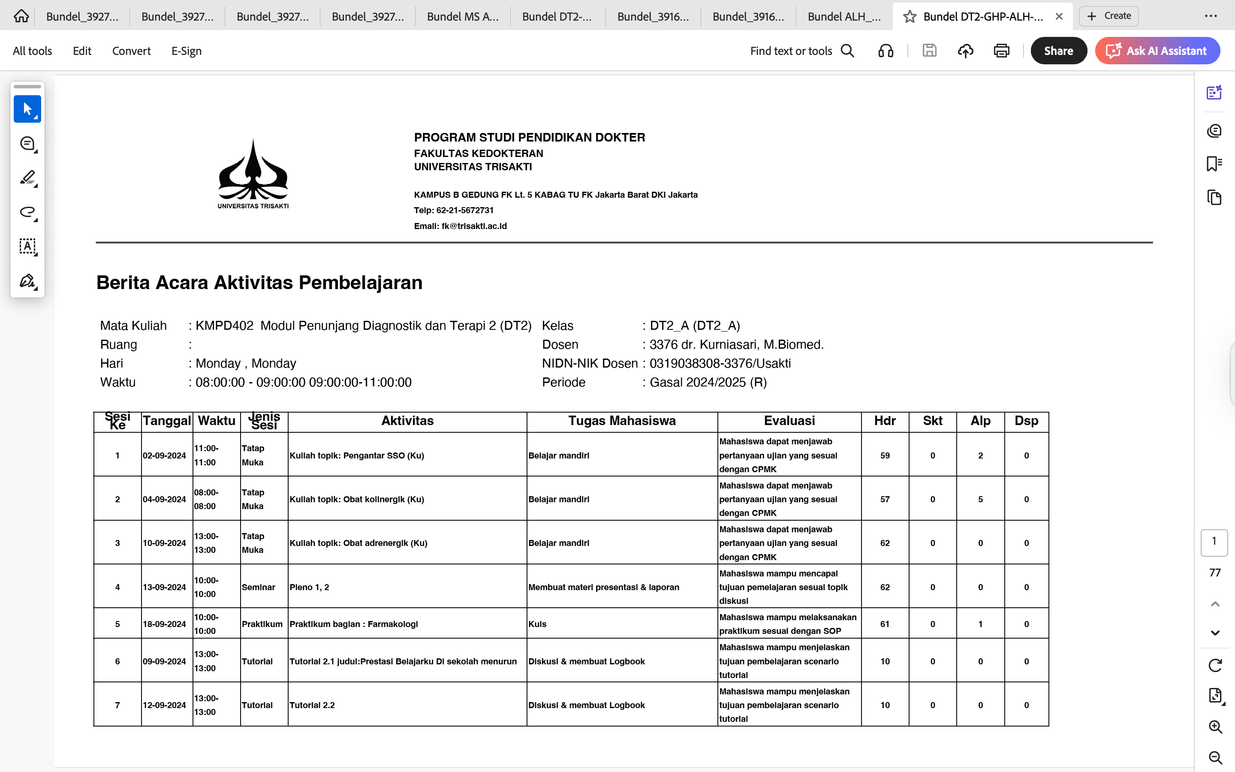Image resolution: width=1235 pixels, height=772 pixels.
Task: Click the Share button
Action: [1058, 51]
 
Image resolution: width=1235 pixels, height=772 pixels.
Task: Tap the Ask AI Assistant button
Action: [1157, 51]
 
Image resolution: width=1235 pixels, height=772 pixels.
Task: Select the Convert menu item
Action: [131, 51]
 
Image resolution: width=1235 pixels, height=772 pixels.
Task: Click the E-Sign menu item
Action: [186, 51]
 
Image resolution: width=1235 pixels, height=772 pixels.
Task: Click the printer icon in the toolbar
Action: [1001, 51]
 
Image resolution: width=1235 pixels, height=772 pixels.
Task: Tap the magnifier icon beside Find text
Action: [847, 51]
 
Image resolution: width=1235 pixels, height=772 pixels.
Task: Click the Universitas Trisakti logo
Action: [253, 174]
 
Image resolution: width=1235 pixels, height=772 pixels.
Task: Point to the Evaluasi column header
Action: [789, 421]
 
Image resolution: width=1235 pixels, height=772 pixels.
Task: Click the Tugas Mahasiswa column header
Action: [622, 421]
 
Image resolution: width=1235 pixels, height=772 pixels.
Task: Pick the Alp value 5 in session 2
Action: [980, 499]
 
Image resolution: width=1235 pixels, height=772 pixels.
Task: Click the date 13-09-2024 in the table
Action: [164, 587]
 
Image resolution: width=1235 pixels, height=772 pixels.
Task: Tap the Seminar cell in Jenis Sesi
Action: [258, 587]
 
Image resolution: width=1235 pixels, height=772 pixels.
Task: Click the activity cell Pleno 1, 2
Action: [309, 587]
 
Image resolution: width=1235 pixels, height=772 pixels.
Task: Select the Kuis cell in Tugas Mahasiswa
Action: [537, 624]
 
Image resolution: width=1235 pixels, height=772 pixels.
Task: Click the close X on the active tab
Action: [1059, 16]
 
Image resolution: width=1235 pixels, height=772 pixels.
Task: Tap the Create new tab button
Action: [1108, 16]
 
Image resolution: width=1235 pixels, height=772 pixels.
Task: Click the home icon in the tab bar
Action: [21, 16]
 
